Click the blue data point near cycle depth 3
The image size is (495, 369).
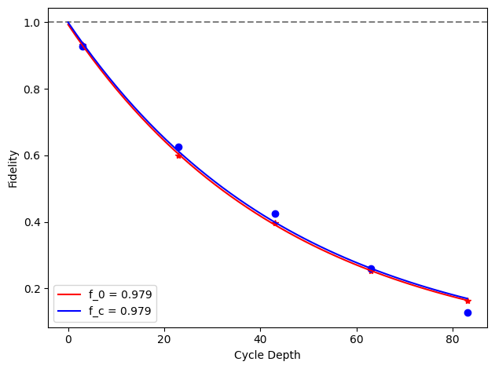point(82,46)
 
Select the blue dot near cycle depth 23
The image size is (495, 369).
point(178,147)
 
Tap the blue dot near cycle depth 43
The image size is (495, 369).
point(275,214)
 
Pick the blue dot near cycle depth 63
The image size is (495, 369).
point(371,269)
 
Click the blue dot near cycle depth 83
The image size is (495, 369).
point(467,312)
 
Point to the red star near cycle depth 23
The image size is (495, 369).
point(178,155)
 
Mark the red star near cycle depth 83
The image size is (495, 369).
point(467,301)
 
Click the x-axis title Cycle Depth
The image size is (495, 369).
point(267,355)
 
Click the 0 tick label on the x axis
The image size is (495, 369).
point(68,339)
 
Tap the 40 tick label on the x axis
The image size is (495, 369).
point(261,339)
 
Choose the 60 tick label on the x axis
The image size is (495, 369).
point(357,339)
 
